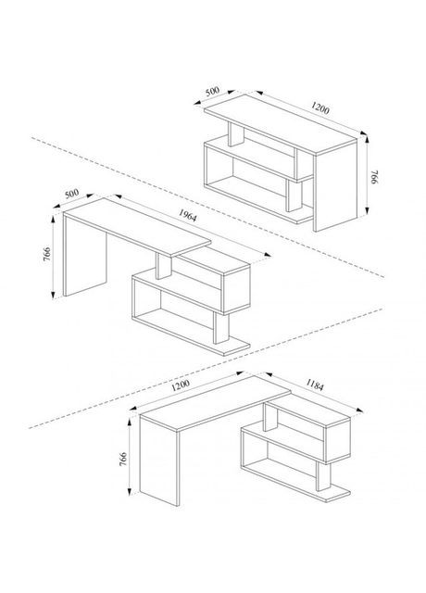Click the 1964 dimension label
187,216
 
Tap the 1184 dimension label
315,385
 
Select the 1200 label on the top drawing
320,108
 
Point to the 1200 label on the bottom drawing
181,385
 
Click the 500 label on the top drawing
212,91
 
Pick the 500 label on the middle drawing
72,194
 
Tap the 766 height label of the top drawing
374,177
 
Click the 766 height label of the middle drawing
47,255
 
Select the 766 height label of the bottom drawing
123,459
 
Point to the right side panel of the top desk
335,185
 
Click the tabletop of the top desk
281,124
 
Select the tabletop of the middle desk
137,227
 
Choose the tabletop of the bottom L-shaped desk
215,403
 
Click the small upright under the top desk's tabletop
236,134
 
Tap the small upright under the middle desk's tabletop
164,266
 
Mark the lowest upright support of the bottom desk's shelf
324,476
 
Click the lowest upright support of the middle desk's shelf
221,328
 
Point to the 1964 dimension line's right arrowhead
268,254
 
